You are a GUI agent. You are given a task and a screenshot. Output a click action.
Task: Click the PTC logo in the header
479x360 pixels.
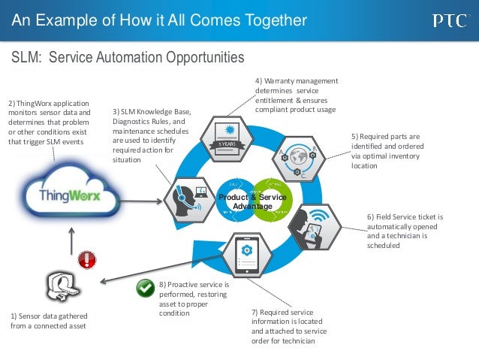[450, 20]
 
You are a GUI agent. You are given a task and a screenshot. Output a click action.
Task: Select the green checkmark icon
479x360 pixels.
[145, 287]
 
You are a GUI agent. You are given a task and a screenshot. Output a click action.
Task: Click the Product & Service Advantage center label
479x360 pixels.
[247, 201]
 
